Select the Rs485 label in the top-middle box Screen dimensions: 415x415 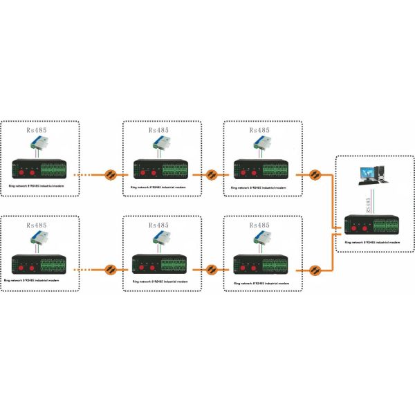[161, 130]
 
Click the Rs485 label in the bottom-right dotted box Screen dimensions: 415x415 [261, 225]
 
